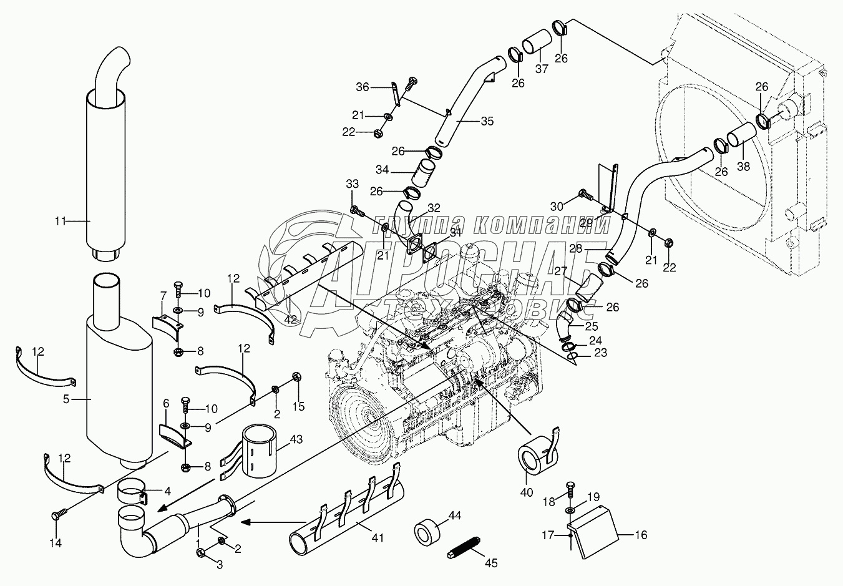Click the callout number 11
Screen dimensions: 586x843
click(60, 220)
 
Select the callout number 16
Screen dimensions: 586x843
click(641, 535)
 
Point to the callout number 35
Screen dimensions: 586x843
click(487, 121)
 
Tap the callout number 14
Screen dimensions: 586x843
click(56, 543)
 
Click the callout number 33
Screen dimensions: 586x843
click(353, 183)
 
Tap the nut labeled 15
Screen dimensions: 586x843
click(297, 377)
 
